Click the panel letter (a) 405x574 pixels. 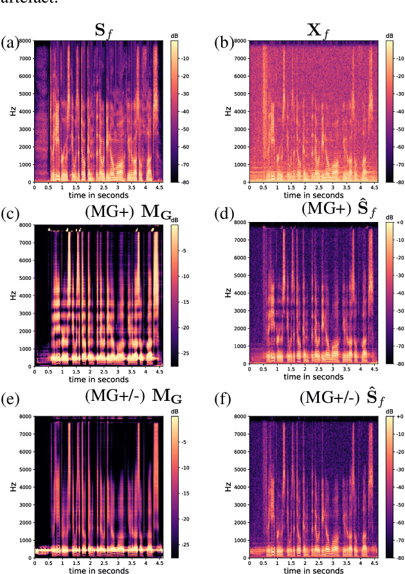click(10, 43)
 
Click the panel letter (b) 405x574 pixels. click(222, 43)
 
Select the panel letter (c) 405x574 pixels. click(10, 213)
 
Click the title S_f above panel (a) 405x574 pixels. click(101, 28)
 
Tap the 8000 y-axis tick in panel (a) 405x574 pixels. click(23, 41)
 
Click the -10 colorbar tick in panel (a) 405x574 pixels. click(186, 57)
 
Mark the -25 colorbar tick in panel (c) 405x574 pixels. click(185, 353)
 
